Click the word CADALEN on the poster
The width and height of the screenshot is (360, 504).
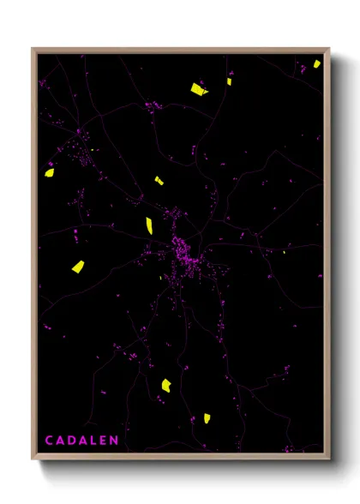click(x=81, y=441)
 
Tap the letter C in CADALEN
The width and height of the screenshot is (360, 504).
click(x=50, y=441)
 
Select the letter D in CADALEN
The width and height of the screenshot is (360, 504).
click(x=71, y=441)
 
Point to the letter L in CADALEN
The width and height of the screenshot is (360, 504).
click(x=93, y=441)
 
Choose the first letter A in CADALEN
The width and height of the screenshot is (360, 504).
click(x=60, y=441)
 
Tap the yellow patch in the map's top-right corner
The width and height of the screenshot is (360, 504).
click(x=316, y=63)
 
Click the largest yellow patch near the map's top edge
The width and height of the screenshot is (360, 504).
click(x=198, y=88)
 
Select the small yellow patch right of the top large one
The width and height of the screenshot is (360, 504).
click(x=230, y=82)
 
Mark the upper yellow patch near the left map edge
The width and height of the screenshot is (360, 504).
click(x=50, y=172)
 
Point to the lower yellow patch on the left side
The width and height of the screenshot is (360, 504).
click(x=77, y=267)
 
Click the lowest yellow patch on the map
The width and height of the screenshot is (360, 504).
click(x=207, y=418)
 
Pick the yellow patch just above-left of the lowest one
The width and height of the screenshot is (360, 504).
click(x=166, y=385)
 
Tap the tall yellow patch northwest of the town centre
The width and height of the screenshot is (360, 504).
click(x=149, y=225)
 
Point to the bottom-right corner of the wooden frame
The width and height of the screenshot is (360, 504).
click(x=329, y=456)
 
